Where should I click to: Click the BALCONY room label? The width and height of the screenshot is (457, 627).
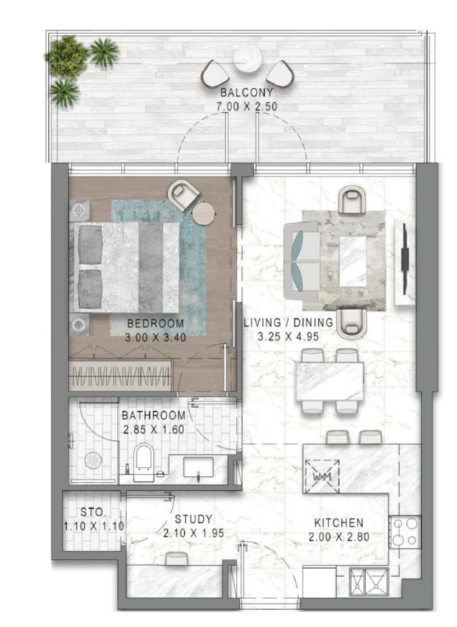[247, 93]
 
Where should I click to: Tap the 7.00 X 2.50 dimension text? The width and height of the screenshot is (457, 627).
[247, 107]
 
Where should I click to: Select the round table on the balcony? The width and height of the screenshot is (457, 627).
[247, 59]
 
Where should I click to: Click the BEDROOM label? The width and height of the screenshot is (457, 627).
[156, 324]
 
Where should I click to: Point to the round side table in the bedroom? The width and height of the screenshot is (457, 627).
[204, 214]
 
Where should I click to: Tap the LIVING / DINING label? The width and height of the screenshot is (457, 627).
[289, 322]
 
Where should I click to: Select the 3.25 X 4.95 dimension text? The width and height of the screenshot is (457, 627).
[288, 336]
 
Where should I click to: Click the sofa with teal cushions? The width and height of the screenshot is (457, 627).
[301, 262]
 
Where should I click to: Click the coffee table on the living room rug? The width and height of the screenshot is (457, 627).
[353, 261]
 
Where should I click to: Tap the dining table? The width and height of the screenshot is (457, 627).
[330, 381]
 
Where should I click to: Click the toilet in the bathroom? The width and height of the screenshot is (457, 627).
[144, 462]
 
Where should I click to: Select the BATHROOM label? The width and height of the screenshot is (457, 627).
[154, 416]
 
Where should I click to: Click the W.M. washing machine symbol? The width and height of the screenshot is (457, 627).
[322, 477]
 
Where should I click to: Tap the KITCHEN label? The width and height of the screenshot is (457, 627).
[339, 523]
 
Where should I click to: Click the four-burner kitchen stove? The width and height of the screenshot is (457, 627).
[405, 532]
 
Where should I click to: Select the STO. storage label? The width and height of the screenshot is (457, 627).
[93, 512]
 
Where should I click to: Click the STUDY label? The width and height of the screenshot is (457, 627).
[193, 519]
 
